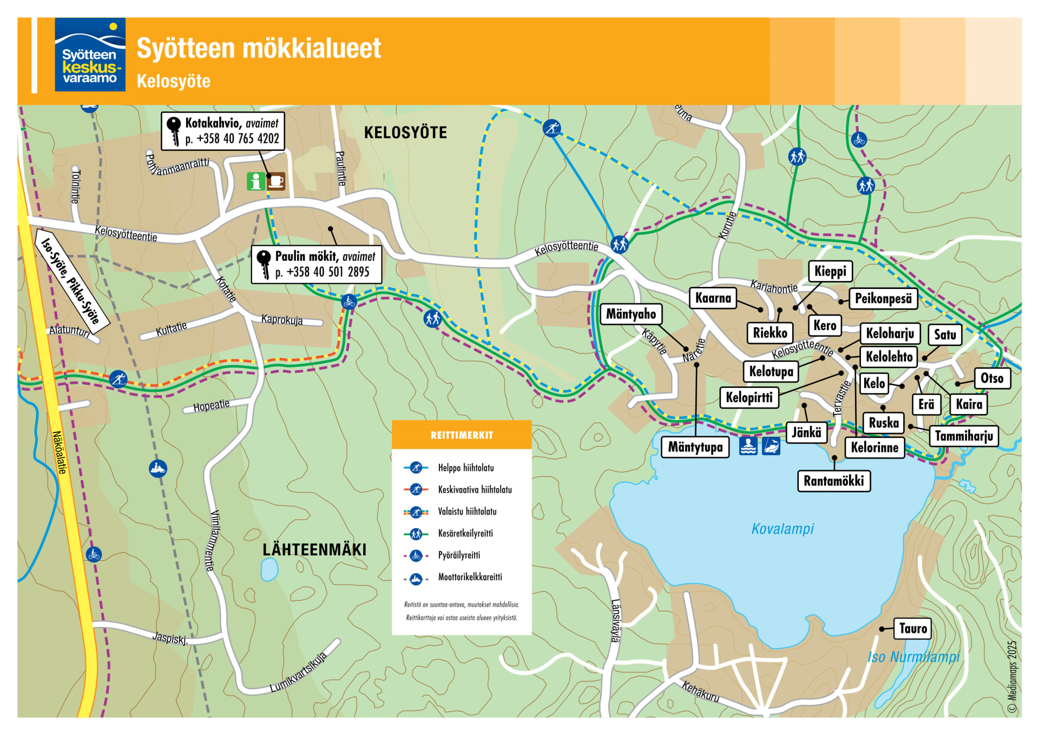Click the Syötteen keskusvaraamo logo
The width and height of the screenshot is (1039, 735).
(90, 55)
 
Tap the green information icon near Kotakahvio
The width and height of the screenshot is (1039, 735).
(256, 181)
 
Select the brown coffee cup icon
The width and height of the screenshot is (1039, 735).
(276, 181)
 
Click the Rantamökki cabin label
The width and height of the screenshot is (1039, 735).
(833, 481)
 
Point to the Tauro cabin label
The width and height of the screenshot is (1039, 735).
(912, 628)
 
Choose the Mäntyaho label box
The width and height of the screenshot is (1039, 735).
(630, 314)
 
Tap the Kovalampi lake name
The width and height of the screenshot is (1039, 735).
(782, 529)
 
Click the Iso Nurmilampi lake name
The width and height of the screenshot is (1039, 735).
(913, 657)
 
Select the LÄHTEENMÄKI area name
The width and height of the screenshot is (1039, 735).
(314, 550)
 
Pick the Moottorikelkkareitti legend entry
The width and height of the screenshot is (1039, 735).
(470, 577)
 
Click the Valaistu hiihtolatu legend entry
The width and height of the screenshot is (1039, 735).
(467, 511)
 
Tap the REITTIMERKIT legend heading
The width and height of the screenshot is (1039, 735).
(462, 435)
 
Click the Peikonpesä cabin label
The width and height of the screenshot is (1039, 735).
(883, 298)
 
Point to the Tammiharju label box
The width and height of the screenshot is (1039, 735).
(964, 436)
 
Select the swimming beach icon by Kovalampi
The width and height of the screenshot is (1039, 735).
(748, 446)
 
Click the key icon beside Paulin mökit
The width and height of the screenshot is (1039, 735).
(264, 264)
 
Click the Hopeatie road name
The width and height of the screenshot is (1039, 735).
(212, 405)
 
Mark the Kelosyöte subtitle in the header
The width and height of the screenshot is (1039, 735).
(173, 81)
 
